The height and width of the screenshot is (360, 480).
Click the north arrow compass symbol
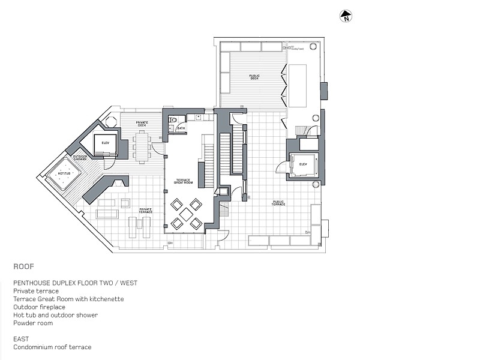point(345,17)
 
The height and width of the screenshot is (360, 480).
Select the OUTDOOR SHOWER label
point(80,158)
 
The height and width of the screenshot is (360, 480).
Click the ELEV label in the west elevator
point(105,143)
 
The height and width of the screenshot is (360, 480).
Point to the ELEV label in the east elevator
point(303,164)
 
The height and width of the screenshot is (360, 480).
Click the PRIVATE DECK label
point(142,124)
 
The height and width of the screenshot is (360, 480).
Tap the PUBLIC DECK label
point(254,77)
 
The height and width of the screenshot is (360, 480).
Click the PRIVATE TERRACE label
point(145,210)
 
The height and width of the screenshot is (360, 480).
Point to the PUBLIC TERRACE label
point(278,203)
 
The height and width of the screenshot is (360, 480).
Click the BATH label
point(181,128)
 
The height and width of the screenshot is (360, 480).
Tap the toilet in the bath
point(172,128)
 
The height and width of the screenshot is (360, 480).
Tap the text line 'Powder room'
point(33,323)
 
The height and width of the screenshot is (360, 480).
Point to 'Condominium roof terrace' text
point(52,347)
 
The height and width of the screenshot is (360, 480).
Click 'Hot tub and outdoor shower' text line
point(55,315)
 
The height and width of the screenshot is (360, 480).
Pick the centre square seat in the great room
point(187,214)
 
